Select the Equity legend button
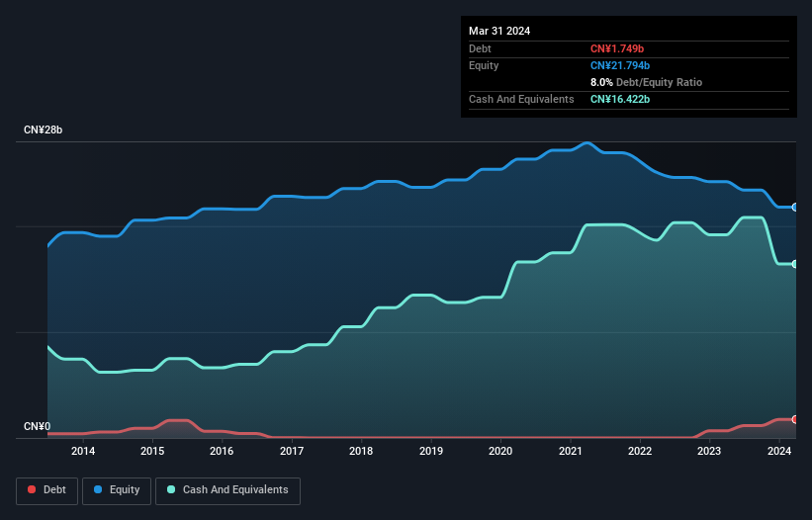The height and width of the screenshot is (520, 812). [x=117, y=490]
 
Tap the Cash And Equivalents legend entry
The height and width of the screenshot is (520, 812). [x=227, y=490]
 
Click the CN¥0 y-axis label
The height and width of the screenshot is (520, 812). [x=37, y=427]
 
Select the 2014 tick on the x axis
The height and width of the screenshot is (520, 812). [x=83, y=452]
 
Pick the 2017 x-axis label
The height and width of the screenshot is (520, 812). [x=292, y=452]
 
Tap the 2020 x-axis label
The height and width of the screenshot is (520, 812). [x=500, y=452]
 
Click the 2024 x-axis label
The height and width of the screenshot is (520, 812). [x=779, y=452]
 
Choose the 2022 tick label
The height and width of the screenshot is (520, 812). [x=640, y=452]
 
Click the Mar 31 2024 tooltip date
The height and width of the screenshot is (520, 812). [x=499, y=31]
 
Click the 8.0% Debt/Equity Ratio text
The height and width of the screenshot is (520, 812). [x=646, y=82]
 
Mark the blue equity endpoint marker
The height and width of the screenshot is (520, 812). [x=794, y=208]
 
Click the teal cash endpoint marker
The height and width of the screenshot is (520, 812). [x=794, y=264]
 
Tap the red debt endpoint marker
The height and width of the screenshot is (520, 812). [x=794, y=419]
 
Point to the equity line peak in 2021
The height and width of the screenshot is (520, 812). [x=587, y=143]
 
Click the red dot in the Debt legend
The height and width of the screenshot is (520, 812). [x=33, y=490]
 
